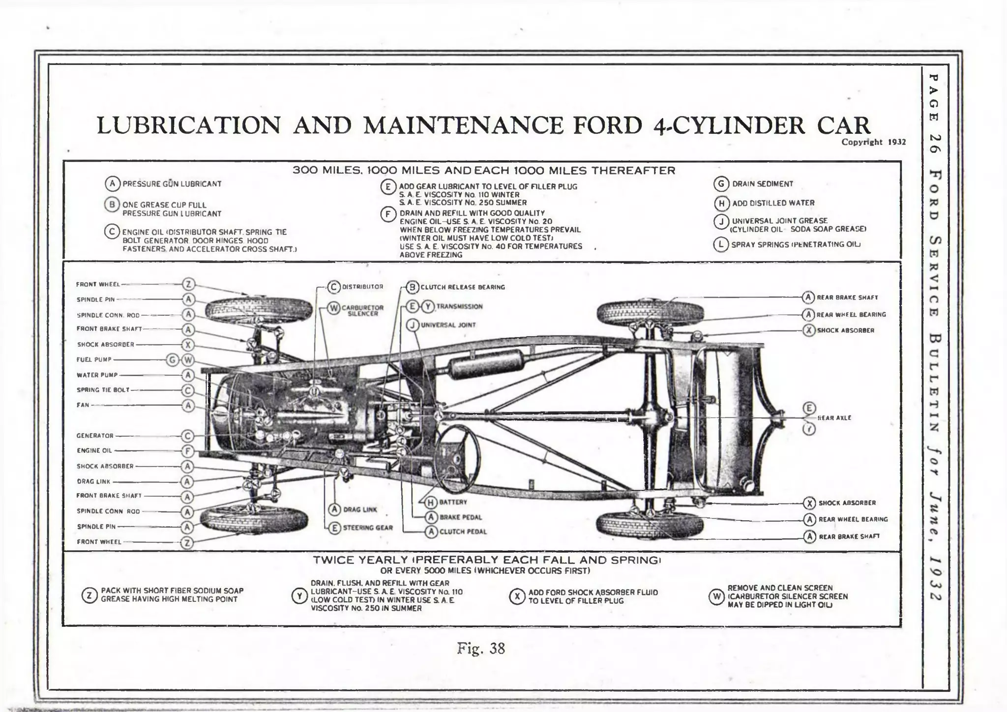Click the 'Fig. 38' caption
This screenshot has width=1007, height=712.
pos(480,649)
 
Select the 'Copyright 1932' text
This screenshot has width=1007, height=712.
pos(873,142)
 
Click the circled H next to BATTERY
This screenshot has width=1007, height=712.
pos(431,502)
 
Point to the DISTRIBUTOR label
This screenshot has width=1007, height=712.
pos(362,287)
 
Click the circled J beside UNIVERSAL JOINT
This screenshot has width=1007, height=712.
pos(413,325)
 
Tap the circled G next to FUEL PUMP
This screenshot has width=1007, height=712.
pos(173,360)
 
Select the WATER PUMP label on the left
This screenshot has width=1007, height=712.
pos(97,375)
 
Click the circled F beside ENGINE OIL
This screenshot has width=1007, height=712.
pos(188,450)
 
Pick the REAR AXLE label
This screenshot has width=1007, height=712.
pos(834,418)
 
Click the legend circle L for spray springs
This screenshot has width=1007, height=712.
pos(720,244)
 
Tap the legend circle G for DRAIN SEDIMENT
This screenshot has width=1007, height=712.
pos(721,184)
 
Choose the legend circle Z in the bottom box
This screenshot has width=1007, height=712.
pos(89,595)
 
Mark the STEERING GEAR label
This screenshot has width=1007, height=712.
pos(368,528)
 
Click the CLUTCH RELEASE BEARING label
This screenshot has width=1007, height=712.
pos(462,287)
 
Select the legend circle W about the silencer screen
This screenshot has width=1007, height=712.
pos(716,596)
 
